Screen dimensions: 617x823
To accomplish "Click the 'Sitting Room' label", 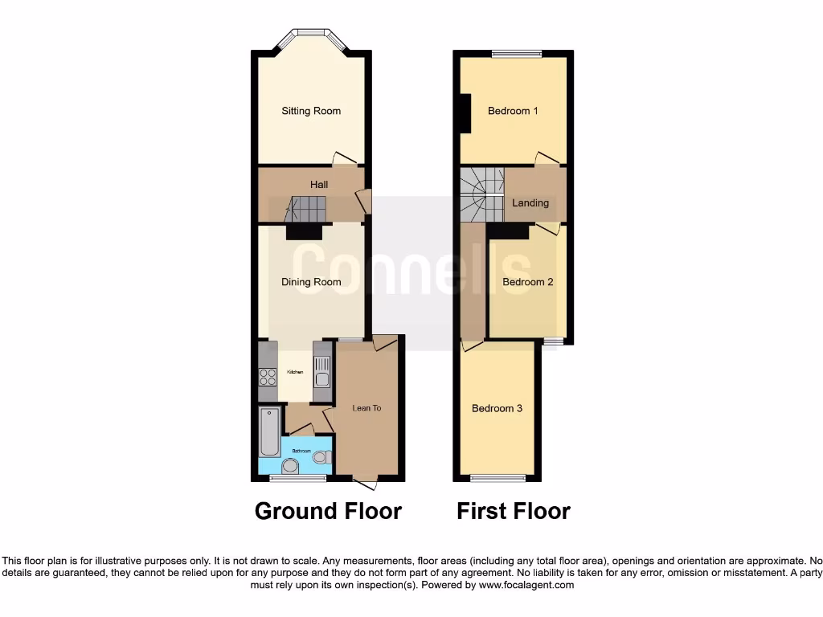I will click(311, 111).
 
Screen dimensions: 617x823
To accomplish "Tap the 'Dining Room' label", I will click(311, 282).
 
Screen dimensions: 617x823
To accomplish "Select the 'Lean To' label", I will click(366, 408).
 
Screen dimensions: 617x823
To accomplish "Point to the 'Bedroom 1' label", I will click(513, 111).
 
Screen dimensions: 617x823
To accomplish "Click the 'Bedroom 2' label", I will click(528, 282).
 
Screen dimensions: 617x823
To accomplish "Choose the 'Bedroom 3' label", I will click(497, 408).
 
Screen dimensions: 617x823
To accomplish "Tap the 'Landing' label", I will click(530, 202).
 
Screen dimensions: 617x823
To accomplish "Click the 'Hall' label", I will click(319, 185).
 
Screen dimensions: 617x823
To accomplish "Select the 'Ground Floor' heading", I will click(328, 511).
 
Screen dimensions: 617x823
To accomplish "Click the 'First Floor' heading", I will click(514, 511).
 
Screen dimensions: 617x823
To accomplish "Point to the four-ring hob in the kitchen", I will click(268, 377).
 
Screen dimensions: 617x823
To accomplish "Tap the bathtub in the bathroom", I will click(269, 431).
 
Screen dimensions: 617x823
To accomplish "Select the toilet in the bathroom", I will click(321, 457).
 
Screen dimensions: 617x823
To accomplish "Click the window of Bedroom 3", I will click(497, 479).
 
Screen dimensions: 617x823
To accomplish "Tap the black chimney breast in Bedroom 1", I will click(465, 112).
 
